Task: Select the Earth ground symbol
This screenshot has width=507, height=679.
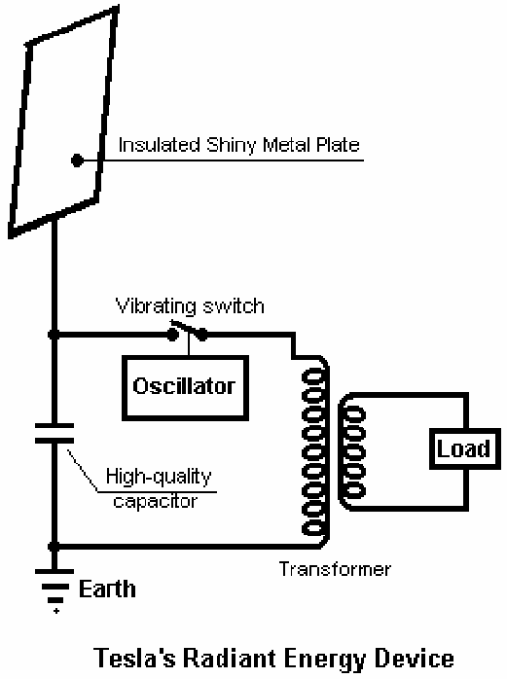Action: click(54, 588)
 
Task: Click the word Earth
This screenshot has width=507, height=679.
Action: click(107, 590)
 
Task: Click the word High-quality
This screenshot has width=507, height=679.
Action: click(159, 478)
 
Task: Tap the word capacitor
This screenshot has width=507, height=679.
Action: click(155, 501)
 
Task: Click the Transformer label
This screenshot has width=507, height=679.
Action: click(335, 569)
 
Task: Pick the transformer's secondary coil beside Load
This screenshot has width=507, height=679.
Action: click(353, 452)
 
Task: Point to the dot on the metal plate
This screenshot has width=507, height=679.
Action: click(77, 161)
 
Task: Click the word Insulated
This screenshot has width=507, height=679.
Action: click(159, 145)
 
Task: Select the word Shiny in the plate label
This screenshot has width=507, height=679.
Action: click(231, 145)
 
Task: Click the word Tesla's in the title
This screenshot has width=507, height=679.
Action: click(134, 658)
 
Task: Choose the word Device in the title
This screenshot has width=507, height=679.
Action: click(415, 658)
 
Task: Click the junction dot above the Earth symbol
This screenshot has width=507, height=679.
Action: click(54, 546)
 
